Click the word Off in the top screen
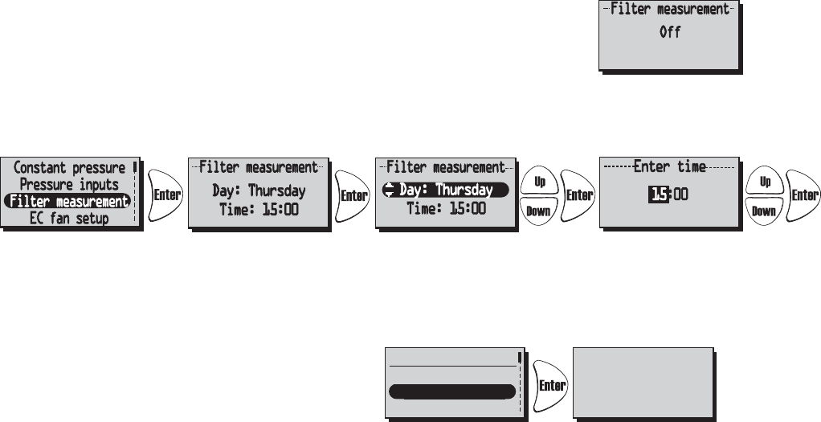670,34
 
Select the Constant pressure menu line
70,168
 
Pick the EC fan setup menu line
69,218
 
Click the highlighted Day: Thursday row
446,191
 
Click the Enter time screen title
669,167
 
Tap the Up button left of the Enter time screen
539,182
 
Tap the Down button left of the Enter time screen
539,210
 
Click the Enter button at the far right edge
803,195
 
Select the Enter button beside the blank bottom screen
551,385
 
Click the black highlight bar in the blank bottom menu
451,391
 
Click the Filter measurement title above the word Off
669,10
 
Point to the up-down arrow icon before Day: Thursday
390,191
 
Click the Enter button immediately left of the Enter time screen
578,195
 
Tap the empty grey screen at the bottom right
643,383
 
